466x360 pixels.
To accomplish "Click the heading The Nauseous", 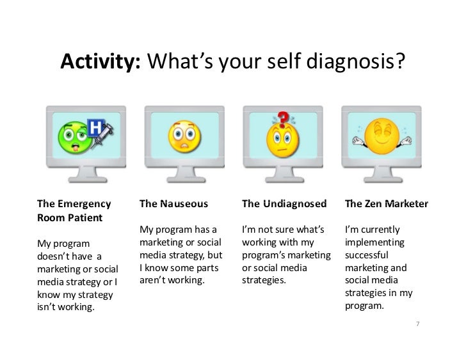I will [x=173, y=205].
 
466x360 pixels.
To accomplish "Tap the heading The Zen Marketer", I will [x=385, y=205].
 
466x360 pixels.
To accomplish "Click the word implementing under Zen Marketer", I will [x=374, y=244].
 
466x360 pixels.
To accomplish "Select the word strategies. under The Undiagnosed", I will [x=265, y=280].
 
